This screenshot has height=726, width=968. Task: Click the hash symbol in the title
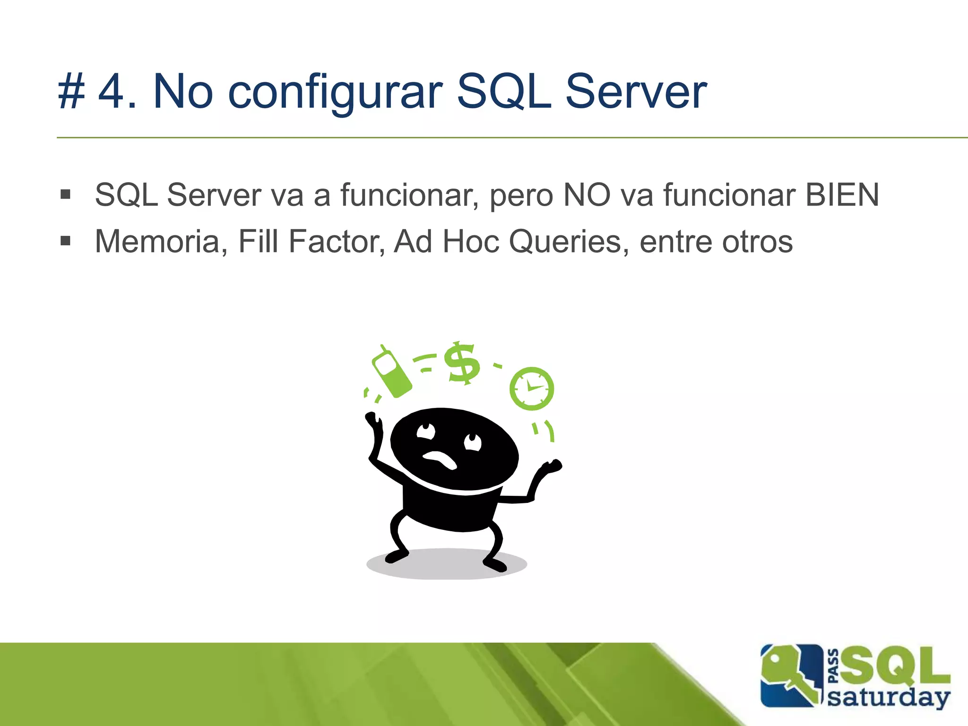click(x=71, y=92)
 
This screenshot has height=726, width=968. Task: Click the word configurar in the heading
click(x=335, y=92)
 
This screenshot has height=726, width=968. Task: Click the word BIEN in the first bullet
click(x=842, y=195)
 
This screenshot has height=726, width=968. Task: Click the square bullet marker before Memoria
click(x=66, y=242)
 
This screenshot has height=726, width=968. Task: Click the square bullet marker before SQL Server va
click(x=66, y=194)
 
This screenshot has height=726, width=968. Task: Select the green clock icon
click(x=531, y=389)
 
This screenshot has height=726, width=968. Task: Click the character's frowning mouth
click(x=440, y=459)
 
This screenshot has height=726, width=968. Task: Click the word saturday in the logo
click(x=889, y=698)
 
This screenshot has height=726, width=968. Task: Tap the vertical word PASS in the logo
click(x=834, y=666)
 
